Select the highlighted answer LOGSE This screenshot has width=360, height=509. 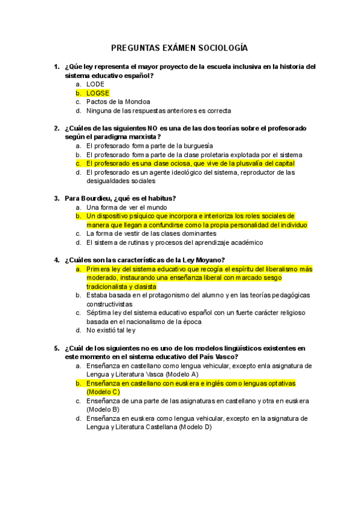pos(98,93)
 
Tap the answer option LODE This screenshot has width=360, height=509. pos(95,85)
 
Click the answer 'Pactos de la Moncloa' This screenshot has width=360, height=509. pos(118,102)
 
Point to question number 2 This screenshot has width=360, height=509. pos(56,128)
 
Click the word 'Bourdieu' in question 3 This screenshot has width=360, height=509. pos(95,199)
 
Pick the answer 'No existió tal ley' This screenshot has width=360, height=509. pos(111,330)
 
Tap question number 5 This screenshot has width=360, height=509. pos(56,348)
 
